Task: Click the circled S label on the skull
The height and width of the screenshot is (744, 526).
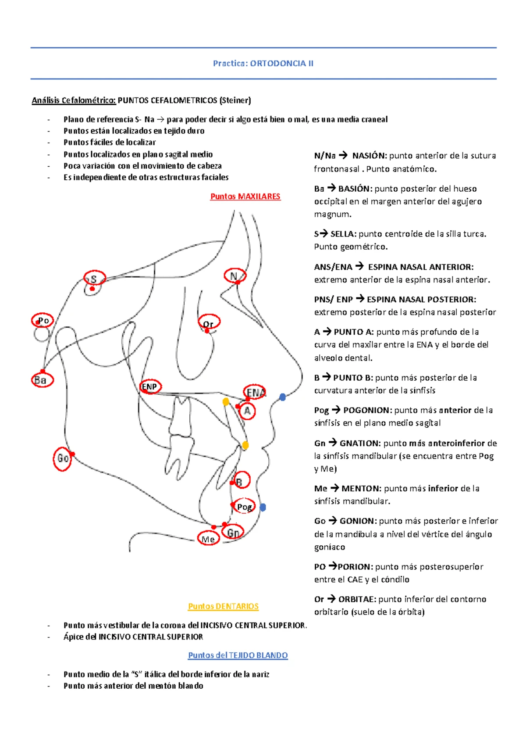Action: click(94, 279)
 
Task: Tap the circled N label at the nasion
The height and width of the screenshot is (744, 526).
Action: click(235, 276)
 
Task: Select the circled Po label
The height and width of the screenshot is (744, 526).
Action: click(43, 321)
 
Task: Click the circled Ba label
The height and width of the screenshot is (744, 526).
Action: click(42, 380)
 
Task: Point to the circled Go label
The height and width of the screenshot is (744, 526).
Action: click(63, 458)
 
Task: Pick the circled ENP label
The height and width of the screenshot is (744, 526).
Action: click(150, 386)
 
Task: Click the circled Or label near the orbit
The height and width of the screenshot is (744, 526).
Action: click(209, 323)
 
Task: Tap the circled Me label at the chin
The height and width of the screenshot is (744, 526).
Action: click(208, 539)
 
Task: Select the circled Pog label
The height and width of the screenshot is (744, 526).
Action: click(244, 507)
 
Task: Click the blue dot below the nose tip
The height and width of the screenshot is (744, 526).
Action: click(283, 397)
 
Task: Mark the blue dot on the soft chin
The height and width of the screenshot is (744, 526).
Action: click(263, 507)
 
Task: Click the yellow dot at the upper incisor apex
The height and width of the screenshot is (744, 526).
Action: click(226, 401)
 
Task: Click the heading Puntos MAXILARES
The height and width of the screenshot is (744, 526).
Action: click(245, 197)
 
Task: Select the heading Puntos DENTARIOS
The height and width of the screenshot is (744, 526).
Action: click(223, 606)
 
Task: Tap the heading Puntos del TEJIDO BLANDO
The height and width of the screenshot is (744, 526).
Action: click(238, 655)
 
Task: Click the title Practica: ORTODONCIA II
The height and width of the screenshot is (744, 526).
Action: click(263, 63)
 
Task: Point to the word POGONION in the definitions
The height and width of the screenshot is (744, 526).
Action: click(367, 410)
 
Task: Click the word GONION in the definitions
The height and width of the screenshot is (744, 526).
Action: click(358, 521)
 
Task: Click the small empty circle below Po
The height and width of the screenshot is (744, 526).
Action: click(42, 334)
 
